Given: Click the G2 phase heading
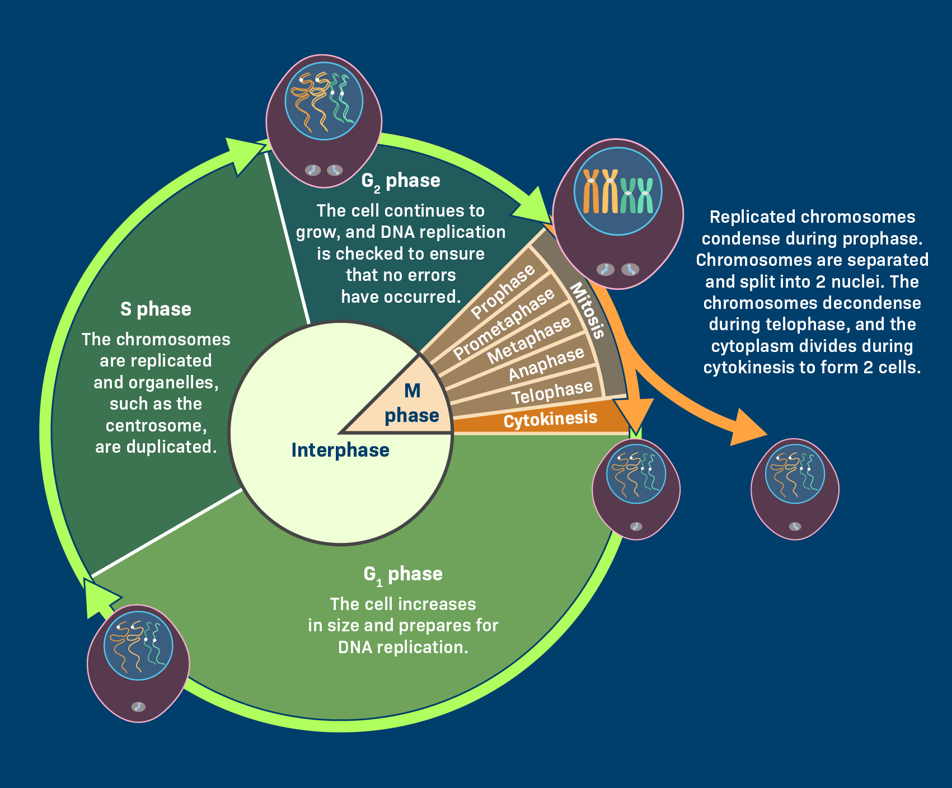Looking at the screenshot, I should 401,181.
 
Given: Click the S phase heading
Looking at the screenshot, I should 156,309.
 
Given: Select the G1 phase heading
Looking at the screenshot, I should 402,574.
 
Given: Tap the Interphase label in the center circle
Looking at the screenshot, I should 340,450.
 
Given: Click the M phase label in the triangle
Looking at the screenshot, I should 412,403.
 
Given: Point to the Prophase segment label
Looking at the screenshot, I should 503,293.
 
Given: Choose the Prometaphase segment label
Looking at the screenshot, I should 504,325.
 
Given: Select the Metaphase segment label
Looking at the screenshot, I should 529,339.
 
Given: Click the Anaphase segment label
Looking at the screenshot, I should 546,364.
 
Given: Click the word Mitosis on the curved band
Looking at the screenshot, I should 588,311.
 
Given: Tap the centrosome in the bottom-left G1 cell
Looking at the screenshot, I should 138,706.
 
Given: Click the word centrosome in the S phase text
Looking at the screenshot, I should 156,425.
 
